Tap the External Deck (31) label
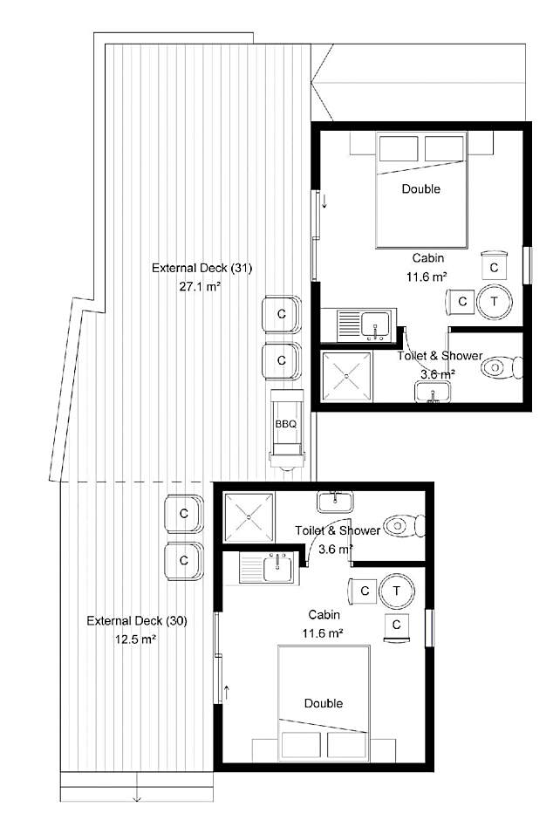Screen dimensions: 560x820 click(201, 269)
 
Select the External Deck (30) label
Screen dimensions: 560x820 click(136, 621)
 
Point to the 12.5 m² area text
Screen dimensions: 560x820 click(136, 639)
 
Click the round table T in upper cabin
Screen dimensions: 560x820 click(494, 302)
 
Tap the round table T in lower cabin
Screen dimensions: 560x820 click(396, 591)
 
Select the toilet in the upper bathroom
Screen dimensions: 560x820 click(502, 367)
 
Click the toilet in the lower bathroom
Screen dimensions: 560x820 click(404, 525)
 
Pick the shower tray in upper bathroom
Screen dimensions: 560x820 click(347, 377)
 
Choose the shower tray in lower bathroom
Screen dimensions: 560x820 click(249, 517)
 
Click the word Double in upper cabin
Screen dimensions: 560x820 click(421, 188)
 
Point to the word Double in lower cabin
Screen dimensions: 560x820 click(324, 703)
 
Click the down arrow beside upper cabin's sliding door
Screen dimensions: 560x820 click(324, 201)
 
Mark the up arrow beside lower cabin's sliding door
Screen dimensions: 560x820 click(227, 693)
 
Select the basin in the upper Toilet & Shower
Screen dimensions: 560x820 click(433, 392)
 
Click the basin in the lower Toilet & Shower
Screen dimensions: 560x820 click(335, 502)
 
